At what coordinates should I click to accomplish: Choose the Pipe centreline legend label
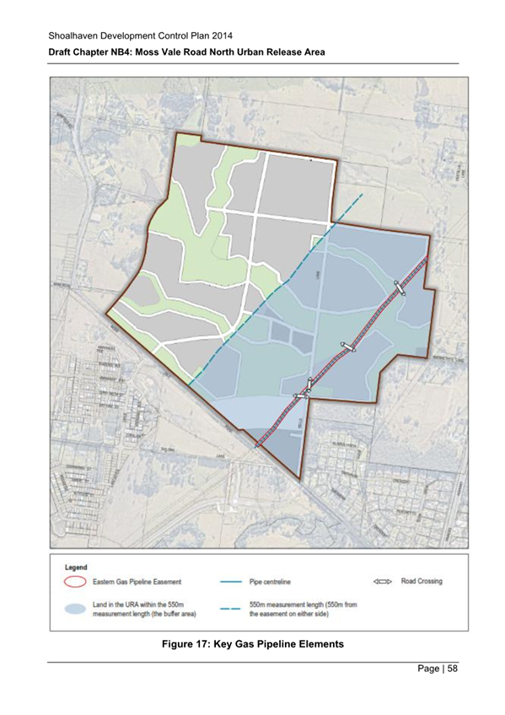[277, 582]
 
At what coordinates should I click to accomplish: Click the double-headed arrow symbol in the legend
[383, 582]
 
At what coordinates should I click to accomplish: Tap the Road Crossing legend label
[423, 582]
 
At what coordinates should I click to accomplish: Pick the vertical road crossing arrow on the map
[310, 384]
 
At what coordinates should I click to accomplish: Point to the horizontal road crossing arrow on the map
[301, 395]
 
